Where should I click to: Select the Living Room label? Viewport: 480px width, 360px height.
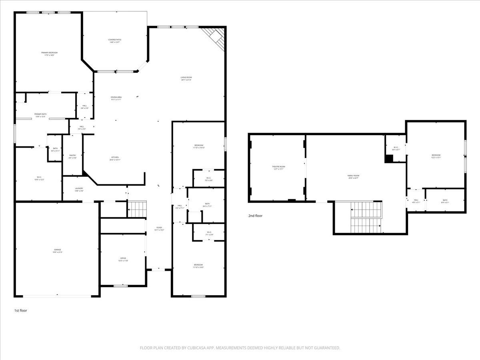pos(186,78)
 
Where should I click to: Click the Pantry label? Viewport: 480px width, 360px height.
pos(72,156)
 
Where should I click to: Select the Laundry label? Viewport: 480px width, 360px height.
pos(79,189)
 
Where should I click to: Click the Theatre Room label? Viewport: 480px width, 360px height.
pos(279,167)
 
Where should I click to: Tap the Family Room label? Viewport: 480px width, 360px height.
pos(353,176)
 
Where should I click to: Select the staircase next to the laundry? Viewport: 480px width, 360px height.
pos(137,208)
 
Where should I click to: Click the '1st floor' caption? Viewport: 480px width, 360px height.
pos(20,310)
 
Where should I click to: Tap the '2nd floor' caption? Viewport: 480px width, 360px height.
pos(255,216)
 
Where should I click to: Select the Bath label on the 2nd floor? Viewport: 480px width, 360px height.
pos(445,201)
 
